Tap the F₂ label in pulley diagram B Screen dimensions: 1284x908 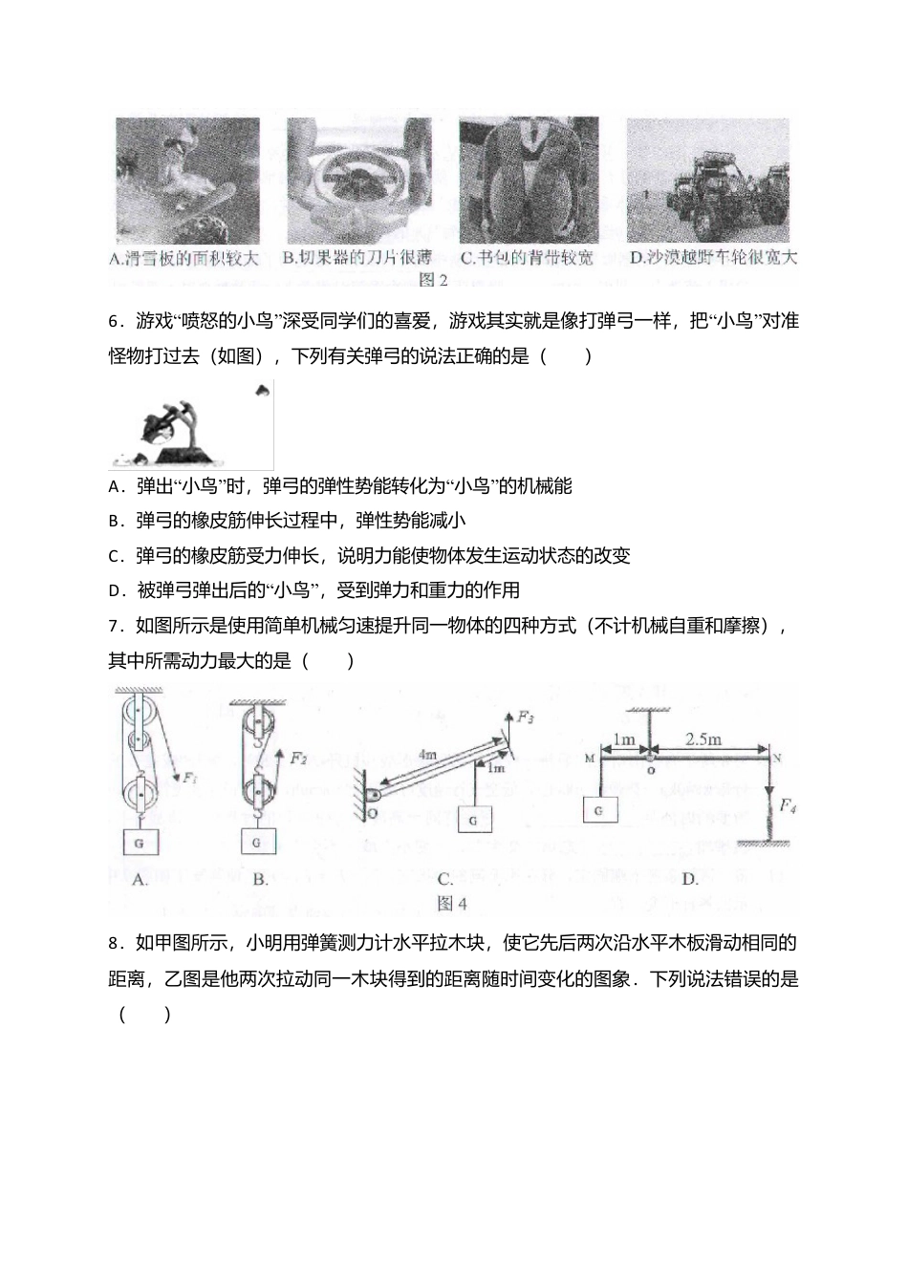point(298,759)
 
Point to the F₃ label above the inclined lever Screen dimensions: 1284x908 point(526,716)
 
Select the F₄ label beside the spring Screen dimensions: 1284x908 point(788,806)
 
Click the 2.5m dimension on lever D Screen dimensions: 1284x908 point(703,738)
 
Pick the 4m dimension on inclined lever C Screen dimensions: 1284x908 point(426,755)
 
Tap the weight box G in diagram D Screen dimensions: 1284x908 point(598,810)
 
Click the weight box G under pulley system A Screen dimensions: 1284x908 point(141,843)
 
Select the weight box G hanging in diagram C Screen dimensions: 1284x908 point(474,820)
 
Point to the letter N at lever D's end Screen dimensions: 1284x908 point(777,759)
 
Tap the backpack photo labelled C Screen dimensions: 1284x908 point(529,181)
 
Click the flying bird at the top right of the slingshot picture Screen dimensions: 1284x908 point(262,389)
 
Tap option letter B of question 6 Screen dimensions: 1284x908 point(115,522)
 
